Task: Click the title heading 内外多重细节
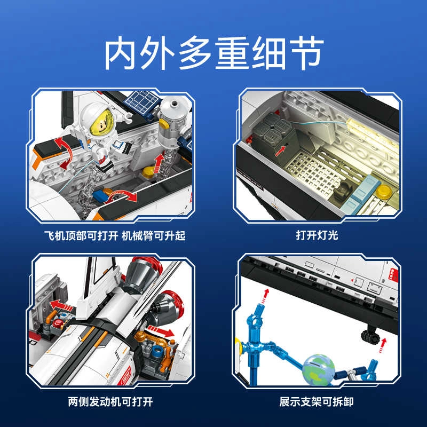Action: [x=214, y=54]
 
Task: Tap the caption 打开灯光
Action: [x=317, y=235]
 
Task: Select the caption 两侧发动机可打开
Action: [x=110, y=402]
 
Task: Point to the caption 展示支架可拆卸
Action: [x=317, y=402]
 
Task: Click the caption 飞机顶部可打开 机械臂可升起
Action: [x=115, y=235]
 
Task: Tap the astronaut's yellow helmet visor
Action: [x=101, y=123]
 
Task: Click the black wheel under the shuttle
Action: [x=370, y=336]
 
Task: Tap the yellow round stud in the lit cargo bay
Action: [x=384, y=191]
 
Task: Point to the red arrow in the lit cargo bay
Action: [x=280, y=151]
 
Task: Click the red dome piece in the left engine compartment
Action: [x=58, y=324]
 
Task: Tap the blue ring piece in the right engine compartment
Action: [x=157, y=351]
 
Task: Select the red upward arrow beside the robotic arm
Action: [x=159, y=163]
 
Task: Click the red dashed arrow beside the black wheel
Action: [x=383, y=345]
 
